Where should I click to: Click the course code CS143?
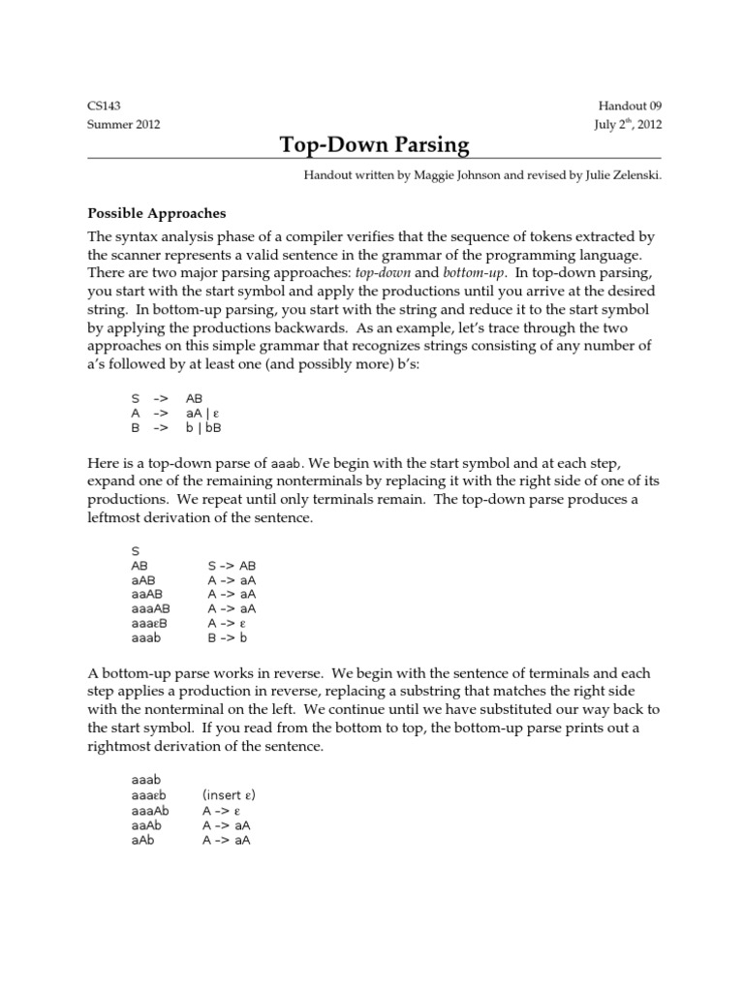point(105,107)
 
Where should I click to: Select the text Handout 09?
point(630,107)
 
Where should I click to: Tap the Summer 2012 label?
point(124,124)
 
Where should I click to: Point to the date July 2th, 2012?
point(628,124)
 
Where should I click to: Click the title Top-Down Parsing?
point(374,145)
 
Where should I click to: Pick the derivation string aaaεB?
point(150,623)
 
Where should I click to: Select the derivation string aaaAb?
point(150,810)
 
